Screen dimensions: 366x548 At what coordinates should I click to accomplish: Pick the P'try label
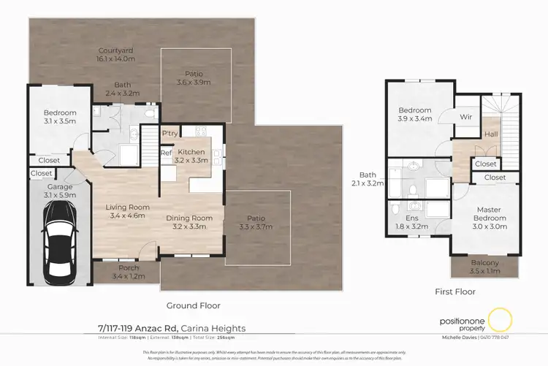[170, 134]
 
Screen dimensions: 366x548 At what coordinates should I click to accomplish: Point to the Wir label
[465, 117]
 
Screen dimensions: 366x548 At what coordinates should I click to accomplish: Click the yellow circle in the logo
[501, 319]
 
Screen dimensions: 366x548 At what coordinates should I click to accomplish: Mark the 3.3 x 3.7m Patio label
[259, 222]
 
